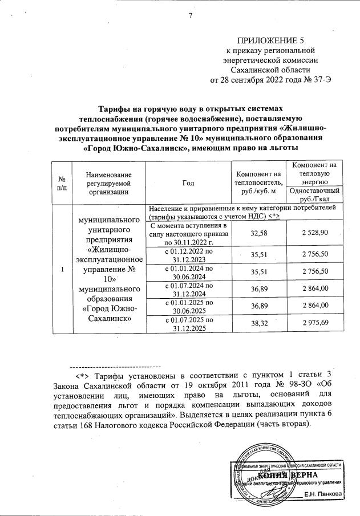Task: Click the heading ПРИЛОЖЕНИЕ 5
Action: [267, 40]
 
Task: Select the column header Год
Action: [188, 182]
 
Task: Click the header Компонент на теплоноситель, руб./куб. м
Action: [258, 182]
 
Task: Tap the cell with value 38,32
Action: [259, 323]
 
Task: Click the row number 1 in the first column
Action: [62, 270]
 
